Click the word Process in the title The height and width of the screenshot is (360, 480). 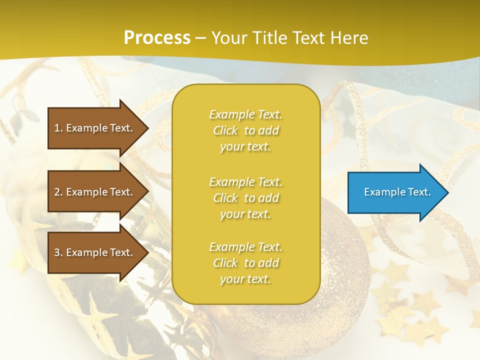click(157, 38)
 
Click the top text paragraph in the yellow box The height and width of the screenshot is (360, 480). click(245, 130)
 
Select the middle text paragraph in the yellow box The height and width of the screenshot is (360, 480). click(245, 198)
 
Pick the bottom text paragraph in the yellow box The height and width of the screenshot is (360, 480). click(245, 263)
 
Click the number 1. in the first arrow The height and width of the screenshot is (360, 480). click(58, 128)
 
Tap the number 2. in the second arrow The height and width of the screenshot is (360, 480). click(58, 192)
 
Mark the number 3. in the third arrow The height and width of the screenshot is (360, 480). click(58, 252)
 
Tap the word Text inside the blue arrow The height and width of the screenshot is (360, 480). click(419, 192)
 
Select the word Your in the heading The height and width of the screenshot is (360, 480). click(230, 38)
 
